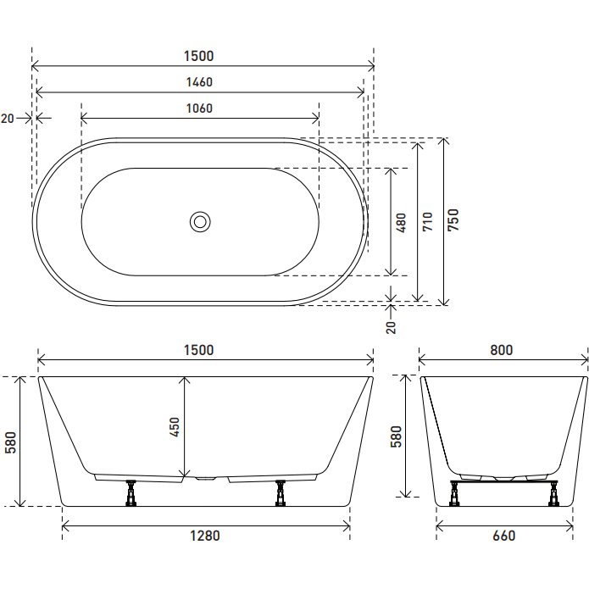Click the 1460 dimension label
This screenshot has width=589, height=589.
point(200,82)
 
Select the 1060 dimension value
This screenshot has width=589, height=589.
point(200,108)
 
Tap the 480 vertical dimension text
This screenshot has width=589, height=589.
point(401,222)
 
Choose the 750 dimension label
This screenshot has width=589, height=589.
point(453,221)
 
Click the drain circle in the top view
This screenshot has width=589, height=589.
point(200,222)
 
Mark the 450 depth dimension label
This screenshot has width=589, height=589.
point(175,427)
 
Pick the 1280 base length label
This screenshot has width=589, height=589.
point(206,536)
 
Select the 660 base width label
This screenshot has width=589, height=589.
point(503,536)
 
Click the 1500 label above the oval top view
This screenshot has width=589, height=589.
point(200,56)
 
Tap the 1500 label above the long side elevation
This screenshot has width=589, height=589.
point(200,349)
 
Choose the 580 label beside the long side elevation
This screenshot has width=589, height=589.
point(10,442)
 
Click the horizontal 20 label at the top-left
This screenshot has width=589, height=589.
point(8,119)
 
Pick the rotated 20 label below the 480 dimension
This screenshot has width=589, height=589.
point(391,326)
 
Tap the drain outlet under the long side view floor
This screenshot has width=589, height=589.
point(206,479)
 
